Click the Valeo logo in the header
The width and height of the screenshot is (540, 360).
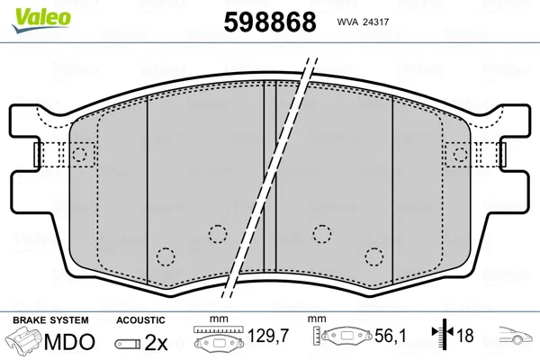pyautogui.click(x=41, y=21)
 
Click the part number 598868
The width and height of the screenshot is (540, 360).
pyautogui.click(x=270, y=22)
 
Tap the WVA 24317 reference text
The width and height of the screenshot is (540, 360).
pyautogui.click(x=363, y=22)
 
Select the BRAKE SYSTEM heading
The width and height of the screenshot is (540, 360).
pyautogui.click(x=50, y=320)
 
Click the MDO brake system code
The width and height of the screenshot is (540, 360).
pyautogui.click(x=69, y=342)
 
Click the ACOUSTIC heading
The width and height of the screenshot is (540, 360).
pyautogui.click(x=140, y=320)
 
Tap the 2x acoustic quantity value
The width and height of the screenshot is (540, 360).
pyautogui.click(x=156, y=342)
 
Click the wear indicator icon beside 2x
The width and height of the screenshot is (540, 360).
pyautogui.click(x=128, y=344)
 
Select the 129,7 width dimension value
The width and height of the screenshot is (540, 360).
pyautogui.click(x=268, y=336)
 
